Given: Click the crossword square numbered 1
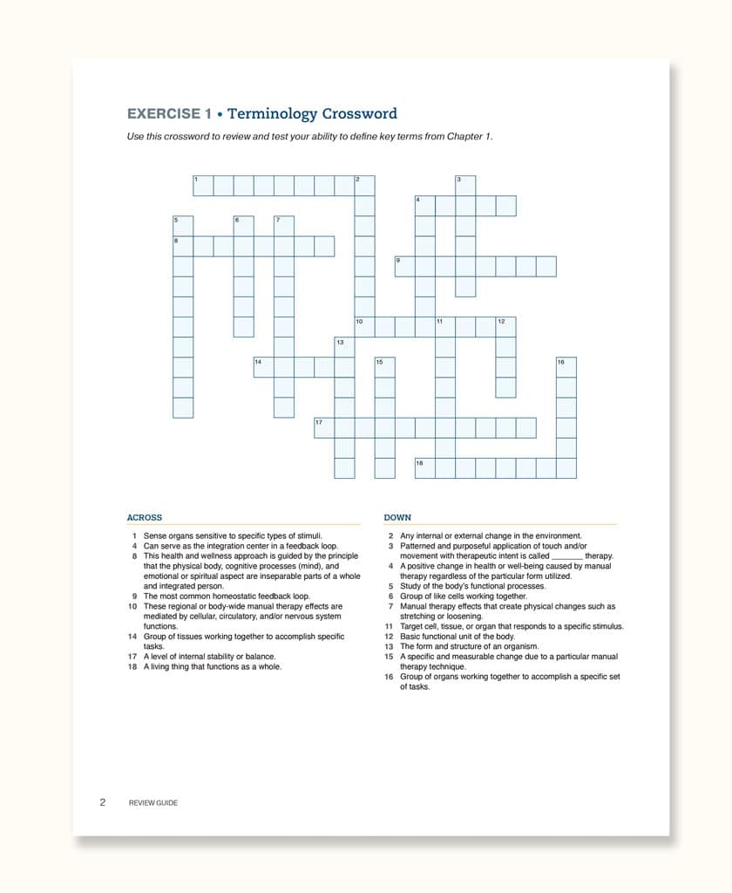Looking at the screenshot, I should [x=202, y=185].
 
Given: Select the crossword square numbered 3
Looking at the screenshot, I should [x=465, y=185].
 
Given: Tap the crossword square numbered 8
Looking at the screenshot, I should [x=182, y=246].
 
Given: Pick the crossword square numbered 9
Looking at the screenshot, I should [x=404, y=266].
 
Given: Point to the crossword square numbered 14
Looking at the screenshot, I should [x=263, y=367].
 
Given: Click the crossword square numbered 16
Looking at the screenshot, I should [x=566, y=367].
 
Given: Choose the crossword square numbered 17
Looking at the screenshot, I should [x=324, y=427].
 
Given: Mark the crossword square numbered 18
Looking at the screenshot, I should [x=424, y=468].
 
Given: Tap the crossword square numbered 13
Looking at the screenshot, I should [x=344, y=347].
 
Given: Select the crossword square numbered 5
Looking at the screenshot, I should [x=182, y=226].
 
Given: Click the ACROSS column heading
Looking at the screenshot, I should [x=145, y=517].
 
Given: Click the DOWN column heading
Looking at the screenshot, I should [x=397, y=517].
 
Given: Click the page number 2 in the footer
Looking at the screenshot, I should [x=102, y=802].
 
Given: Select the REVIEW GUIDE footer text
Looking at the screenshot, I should [x=152, y=803].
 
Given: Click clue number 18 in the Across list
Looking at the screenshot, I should [x=132, y=667].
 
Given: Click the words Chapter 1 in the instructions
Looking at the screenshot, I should [x=471, y=136].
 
